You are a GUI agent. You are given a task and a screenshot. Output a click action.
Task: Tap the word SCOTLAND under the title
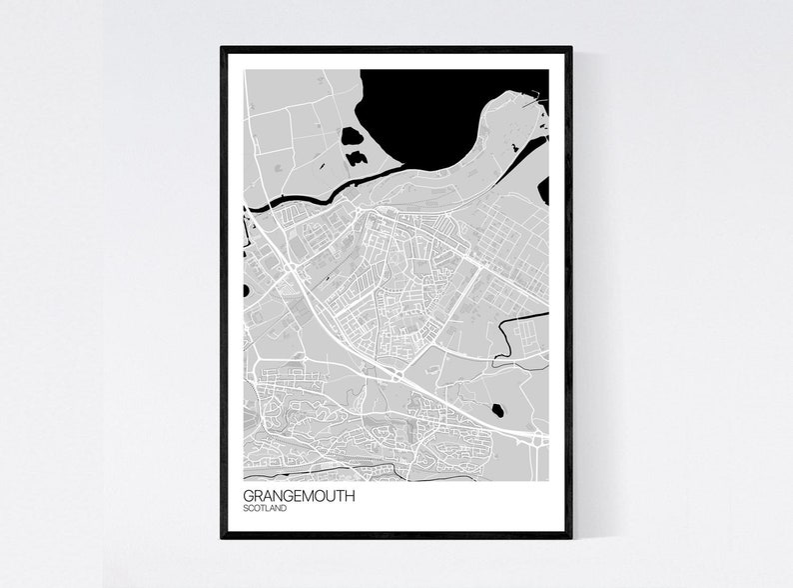pyautogui.click(x=265, y=509)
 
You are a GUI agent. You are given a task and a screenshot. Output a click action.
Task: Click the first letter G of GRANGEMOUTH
pyautogui.click(x=249, y=495)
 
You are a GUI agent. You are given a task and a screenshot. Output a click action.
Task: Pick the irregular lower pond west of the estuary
pyautogui.click(x=356, y=157)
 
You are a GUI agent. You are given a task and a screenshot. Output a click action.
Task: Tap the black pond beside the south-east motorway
pyautogui.click(x=496, y=408)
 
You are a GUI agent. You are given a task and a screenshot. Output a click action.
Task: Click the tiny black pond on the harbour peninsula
pyautogui.click(x=514, y=148)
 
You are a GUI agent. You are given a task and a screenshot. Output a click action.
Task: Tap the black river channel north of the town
pyautogui.click(x=300, y=199)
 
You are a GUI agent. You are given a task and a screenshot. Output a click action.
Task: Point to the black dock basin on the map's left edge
pyautogui.click(x=246, y=291)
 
